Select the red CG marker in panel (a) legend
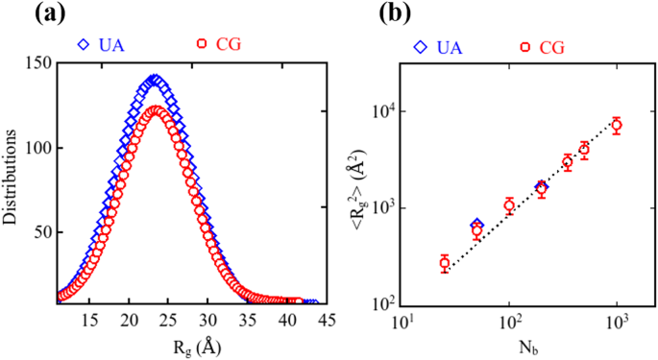pyautogui.click(x=202, y=44)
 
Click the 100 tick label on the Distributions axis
pyautogui.click(x=37, y=149)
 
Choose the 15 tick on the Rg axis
pyautogui.click(x=90, y=321)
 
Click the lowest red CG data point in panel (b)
pyautogui.click(x=445, y=263)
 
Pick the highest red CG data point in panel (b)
pyautogui.click(x=617, y=125)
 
